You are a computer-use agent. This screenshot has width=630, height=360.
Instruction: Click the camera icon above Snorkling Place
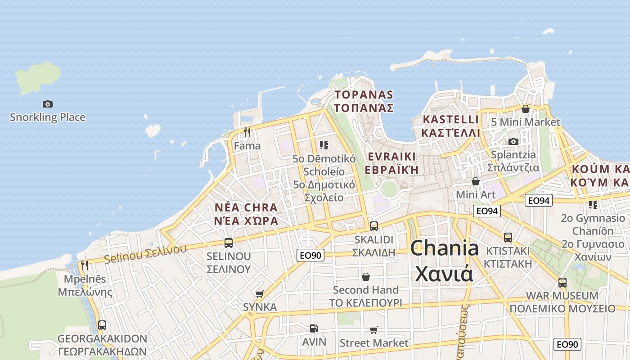tap(48, 104)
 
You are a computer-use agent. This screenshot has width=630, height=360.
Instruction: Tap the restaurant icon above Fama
tap(247, 132)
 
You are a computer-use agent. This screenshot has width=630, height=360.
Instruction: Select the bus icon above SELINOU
tap(229, 243)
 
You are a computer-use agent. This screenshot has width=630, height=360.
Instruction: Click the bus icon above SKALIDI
tap(373, 226)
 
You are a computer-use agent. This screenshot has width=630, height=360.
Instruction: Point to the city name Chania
tap(444, 248)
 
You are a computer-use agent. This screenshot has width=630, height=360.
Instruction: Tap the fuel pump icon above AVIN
tap(314, 329)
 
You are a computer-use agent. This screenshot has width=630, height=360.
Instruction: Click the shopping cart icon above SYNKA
tap(259, 294)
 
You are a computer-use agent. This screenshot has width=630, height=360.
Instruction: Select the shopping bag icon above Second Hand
tap(366, 276)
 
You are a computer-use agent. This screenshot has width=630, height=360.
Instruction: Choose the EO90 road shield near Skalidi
tap(310, 255)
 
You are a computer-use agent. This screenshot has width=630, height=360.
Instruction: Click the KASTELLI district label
tap(451, 120)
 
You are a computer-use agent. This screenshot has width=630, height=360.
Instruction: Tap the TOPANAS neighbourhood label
tap(364, 95)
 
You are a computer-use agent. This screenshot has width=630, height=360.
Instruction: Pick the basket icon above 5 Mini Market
tap(525, 109)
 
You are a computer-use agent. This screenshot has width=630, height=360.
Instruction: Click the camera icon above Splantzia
tap(513, 141)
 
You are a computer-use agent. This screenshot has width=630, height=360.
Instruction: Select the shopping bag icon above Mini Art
tap(476, 181)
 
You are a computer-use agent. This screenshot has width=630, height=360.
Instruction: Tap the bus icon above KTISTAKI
tap(508, 237)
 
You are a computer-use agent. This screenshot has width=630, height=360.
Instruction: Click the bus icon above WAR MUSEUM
tap(562, 283)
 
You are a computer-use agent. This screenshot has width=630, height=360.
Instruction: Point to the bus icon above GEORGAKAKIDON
tap(102, 325)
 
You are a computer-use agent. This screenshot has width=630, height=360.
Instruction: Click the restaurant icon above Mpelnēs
tap(85, 265)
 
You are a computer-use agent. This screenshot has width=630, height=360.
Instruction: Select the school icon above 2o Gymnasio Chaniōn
tap(593, 205)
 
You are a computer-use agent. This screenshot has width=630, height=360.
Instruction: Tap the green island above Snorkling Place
tap(39, 77)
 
